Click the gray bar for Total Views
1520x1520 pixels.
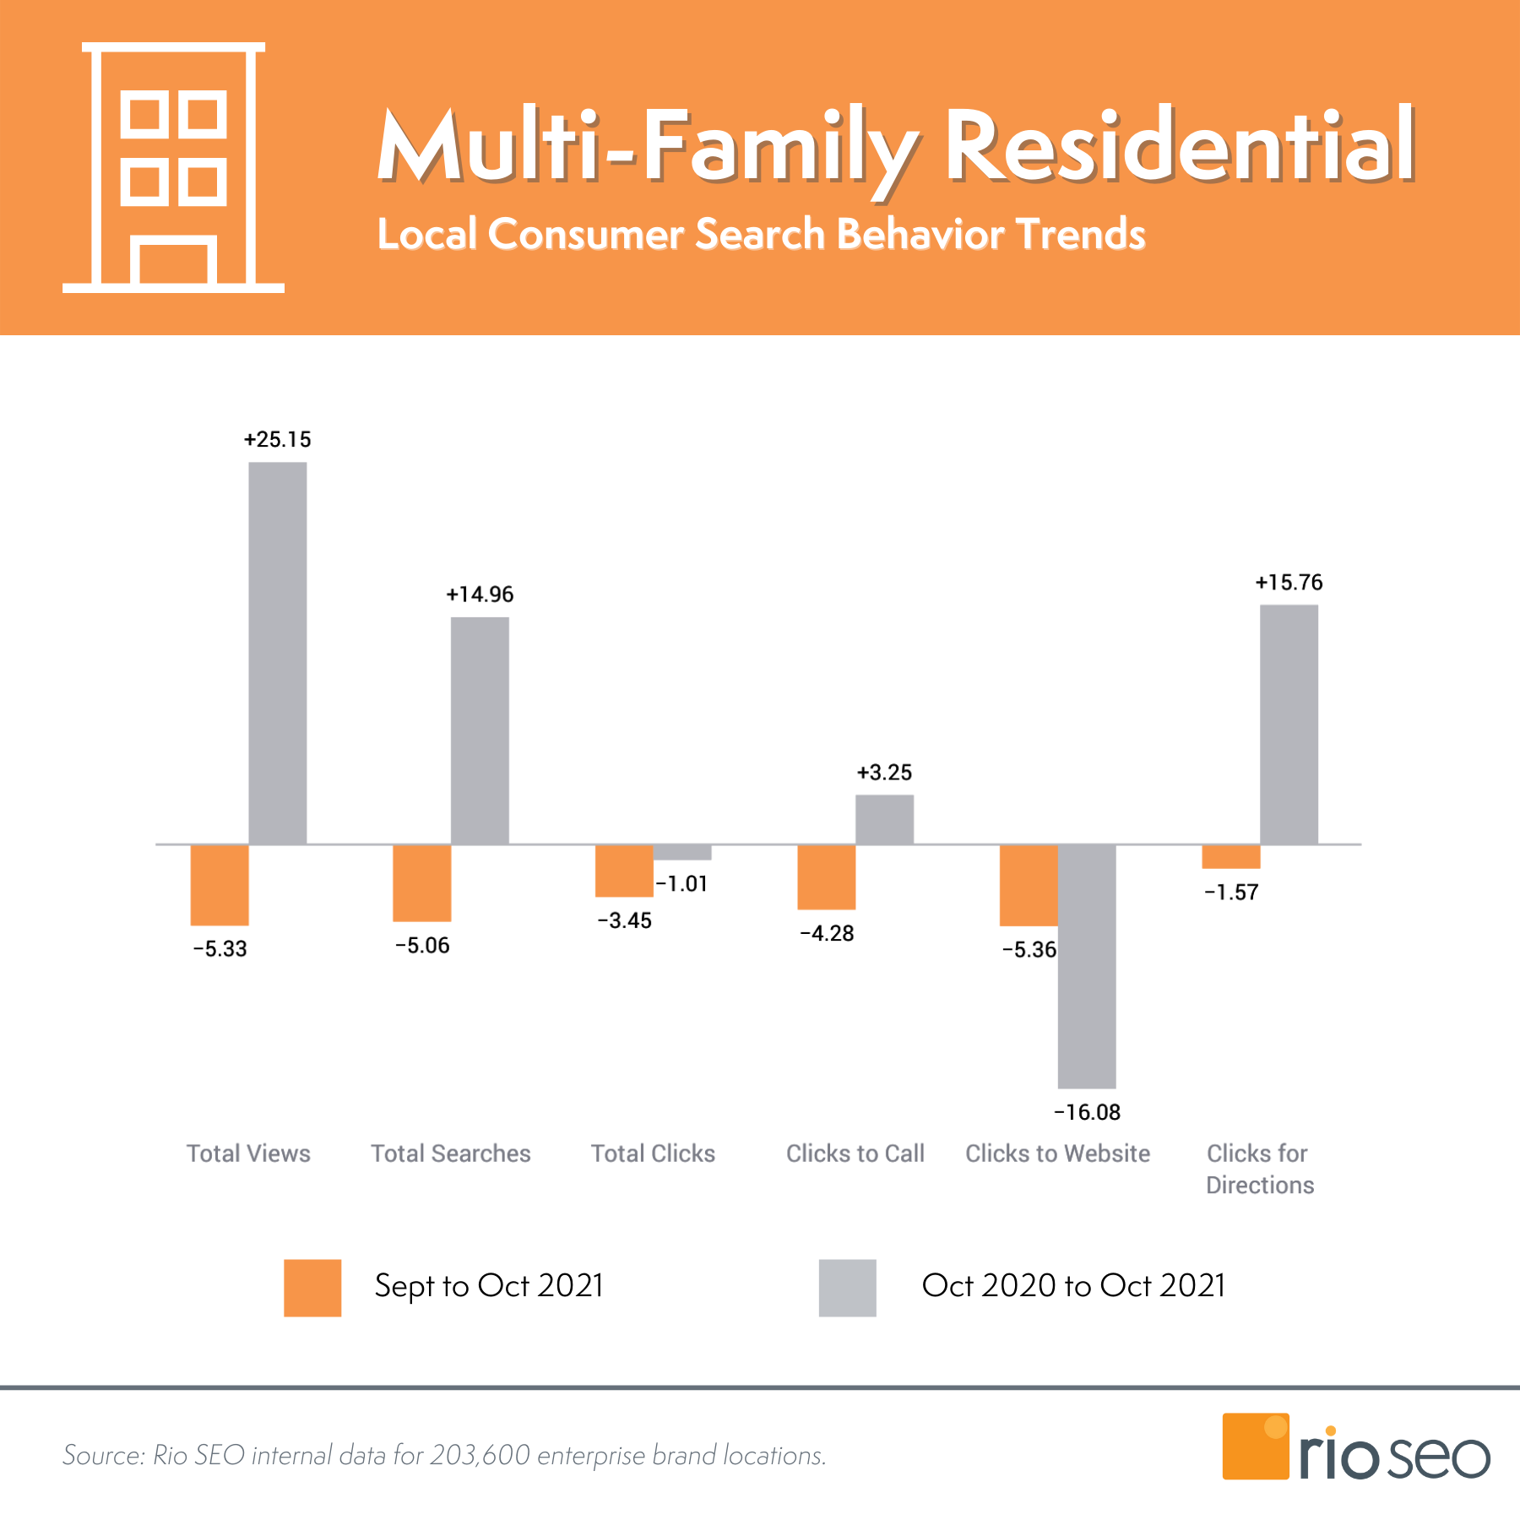coord(278,653)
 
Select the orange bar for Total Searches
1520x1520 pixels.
coord(422,882)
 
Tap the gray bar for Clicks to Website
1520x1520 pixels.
coord(1087,965)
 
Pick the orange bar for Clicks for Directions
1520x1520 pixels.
coord(1231,856)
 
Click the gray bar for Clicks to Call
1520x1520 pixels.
coord(884,819)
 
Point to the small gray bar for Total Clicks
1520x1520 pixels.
coord(682,852)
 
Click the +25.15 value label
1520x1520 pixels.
coord(278,439)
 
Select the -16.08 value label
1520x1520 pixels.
coord(1088,1112)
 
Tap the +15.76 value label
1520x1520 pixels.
coord(1289,583)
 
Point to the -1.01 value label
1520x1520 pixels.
coord(682,884)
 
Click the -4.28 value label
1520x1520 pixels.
coord(828,933)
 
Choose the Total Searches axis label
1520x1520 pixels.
coord(451,1154)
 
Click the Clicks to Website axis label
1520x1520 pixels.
coord(1057,1154)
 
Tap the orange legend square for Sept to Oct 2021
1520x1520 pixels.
coord(312,1288)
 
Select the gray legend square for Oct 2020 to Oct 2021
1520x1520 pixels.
coord(847,1288)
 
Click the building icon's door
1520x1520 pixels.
coord(173,263)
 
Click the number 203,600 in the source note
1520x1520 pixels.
coord(480,1455)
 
